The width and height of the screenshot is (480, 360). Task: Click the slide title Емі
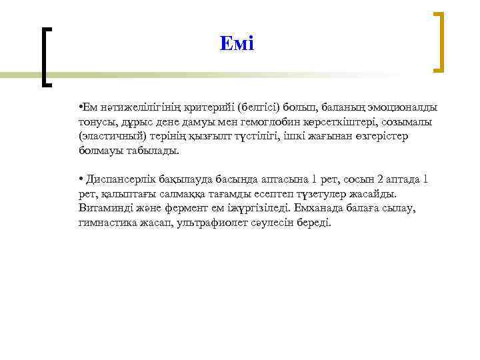[237, 44]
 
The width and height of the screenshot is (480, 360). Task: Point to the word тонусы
[95, 122]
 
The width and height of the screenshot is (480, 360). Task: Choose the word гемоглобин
[255, 122]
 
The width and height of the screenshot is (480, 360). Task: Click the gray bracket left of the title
[44, 56]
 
